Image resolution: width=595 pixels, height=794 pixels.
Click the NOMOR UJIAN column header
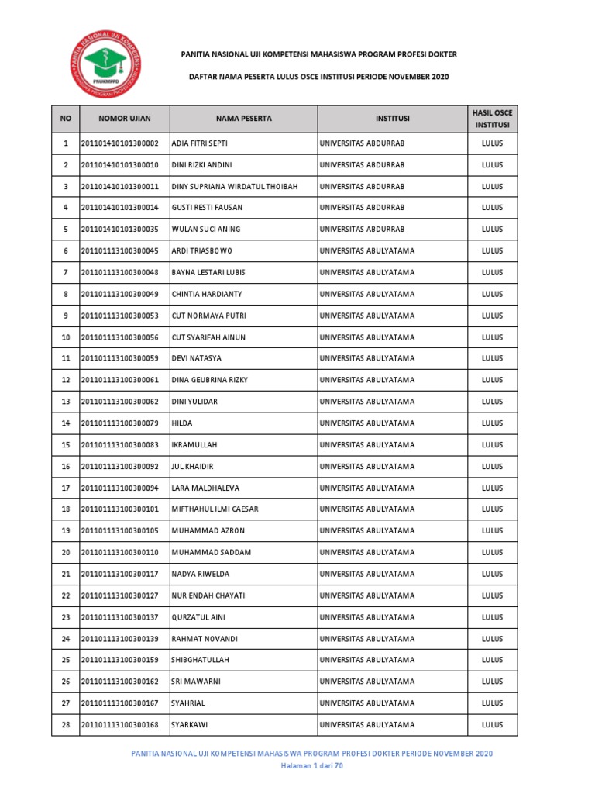124,119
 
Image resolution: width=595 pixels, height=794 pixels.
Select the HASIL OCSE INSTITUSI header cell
492,119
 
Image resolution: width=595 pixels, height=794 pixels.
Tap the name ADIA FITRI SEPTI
199,144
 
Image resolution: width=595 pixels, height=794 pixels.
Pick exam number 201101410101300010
124,165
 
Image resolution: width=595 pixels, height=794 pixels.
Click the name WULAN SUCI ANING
206,230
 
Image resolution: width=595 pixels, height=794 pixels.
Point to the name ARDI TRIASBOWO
201,251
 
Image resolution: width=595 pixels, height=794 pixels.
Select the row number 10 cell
66,337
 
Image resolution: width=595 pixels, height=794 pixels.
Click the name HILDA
182,423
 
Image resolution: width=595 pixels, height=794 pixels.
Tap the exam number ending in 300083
124,445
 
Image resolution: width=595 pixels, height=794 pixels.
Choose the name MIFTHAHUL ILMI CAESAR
215,509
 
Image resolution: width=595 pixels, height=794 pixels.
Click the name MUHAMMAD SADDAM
211,552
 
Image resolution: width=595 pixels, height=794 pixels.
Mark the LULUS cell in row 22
492,595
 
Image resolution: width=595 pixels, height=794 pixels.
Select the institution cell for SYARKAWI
366,725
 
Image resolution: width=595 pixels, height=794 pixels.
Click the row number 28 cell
66,725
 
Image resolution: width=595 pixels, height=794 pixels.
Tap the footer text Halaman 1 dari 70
311,766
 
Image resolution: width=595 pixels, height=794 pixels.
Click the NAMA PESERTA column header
244,119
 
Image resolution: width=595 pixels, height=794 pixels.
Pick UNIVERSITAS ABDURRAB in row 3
361,187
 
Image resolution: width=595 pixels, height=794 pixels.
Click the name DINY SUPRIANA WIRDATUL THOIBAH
233,187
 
